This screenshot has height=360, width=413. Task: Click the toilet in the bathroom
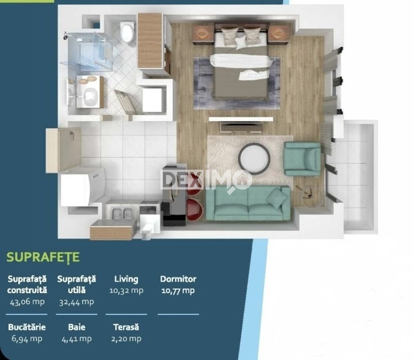[x=127, y=32]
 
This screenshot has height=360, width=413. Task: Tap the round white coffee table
[x=254, y=159]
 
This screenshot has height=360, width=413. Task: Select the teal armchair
[x=303, y=159]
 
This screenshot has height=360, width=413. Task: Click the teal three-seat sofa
[x=248, y=202]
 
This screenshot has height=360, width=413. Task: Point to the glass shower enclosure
[x=87, y=52]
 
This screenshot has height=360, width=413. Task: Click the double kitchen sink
[x=123, y=213]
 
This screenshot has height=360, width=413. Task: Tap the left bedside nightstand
[x=203, y=33]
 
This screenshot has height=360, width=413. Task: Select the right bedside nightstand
[x=279, y=33]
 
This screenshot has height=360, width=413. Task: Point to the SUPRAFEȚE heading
[x=43, y=257]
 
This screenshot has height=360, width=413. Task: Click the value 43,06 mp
[x=27, y=302]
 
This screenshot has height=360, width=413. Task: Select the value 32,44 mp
[x=76, y=302]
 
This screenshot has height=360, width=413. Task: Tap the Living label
[x=126, y=279]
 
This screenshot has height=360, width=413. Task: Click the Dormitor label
[x=178, y=279]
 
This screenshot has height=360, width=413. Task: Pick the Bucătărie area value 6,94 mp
[x=27, y=338]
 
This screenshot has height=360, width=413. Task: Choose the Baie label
[x=77, y=327]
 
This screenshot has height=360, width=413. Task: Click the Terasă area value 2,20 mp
[x=126, y=338]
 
